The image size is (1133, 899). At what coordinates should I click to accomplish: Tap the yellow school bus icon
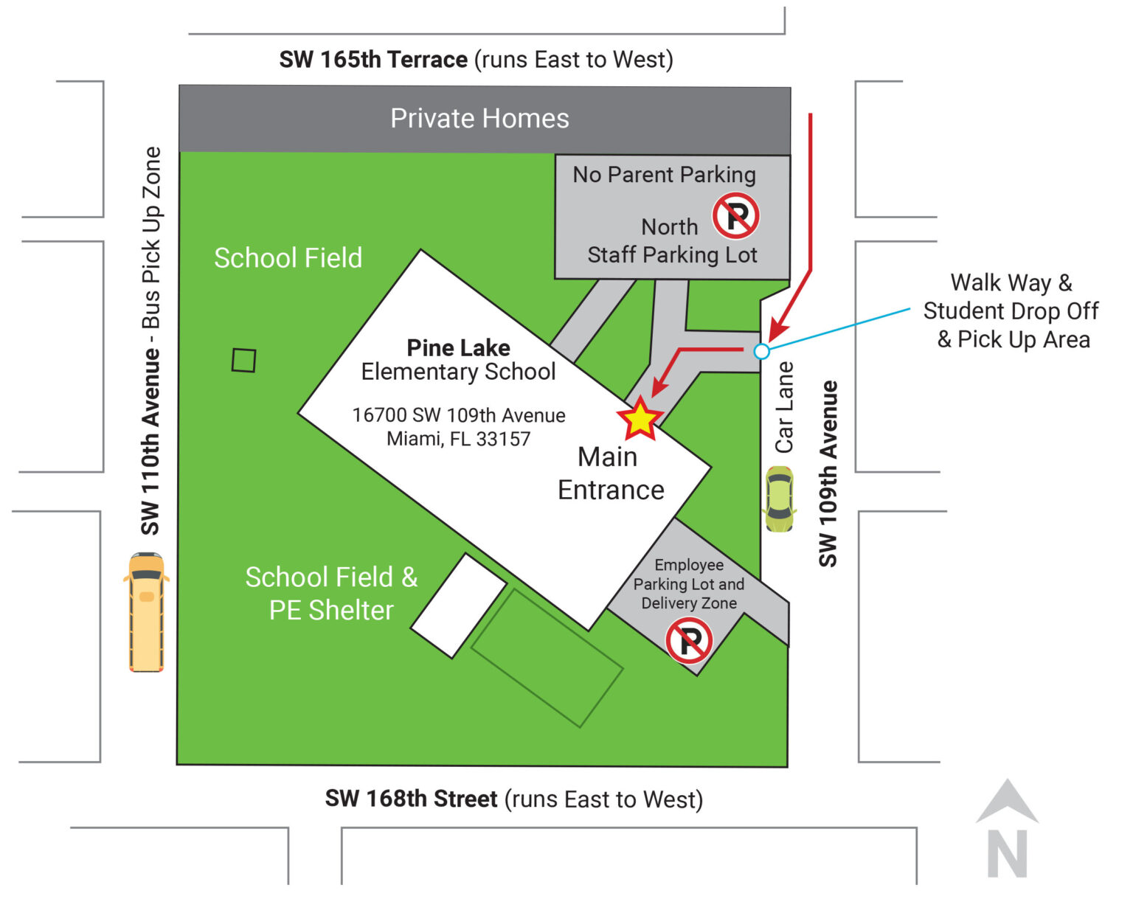pos(146,611)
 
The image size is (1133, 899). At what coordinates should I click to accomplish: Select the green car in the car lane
pos(779,499)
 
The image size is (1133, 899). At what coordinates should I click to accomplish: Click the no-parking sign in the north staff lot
pos(735,216)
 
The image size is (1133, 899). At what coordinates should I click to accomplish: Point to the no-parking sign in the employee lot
pos(689,640)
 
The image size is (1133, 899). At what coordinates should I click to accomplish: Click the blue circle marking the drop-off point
pos(762,351)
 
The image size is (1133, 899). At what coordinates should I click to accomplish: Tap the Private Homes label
pos(479,119)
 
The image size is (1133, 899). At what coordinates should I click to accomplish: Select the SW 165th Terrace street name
pos(373,60)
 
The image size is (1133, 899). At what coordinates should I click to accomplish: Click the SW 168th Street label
pos(412,799)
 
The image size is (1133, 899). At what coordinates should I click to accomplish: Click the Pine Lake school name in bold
pos(458,347)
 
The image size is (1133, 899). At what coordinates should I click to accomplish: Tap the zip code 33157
pos(503,439)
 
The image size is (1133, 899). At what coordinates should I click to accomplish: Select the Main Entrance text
pos(610,473)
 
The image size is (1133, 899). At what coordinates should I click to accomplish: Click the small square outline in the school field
pos(243,361)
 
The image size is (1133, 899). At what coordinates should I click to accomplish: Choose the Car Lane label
pos(784,407)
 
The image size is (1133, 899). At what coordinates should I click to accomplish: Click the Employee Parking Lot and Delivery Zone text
pos(689,584)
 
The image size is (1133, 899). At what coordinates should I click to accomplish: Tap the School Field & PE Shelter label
pos(331,594)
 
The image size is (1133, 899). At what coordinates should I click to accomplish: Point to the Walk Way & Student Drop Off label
pos(1011,310)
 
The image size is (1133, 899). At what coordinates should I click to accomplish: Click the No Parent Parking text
pos(664,175)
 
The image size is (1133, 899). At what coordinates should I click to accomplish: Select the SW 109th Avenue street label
pos(828,473)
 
